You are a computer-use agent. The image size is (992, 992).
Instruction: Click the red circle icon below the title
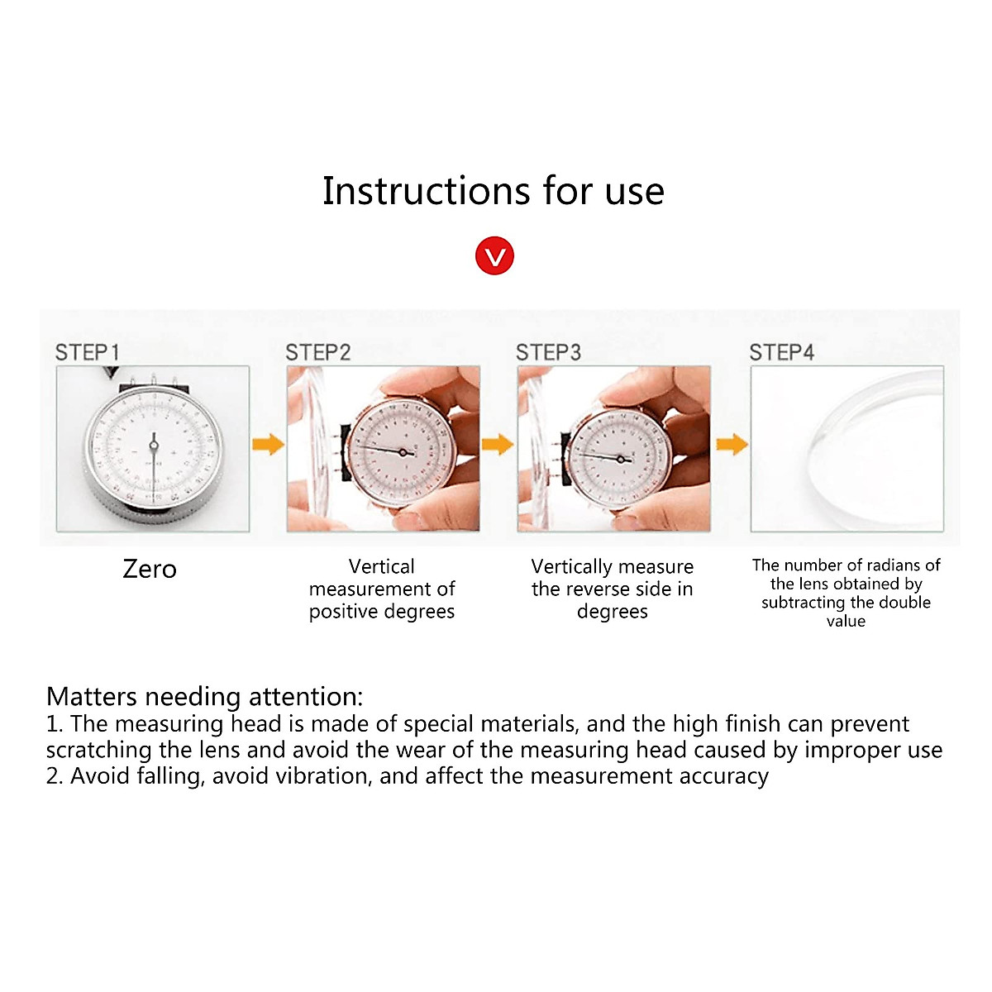(x=494, y=256)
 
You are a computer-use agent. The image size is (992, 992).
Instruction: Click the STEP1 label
(x=88, y=353)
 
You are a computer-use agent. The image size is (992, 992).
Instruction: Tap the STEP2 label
(x=318, y=353)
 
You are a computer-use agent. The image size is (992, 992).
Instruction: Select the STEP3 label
(x=549, y=353)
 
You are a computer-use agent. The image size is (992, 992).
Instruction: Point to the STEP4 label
(x=781, y=353)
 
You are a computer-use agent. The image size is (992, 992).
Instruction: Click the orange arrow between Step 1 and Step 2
(x=268, y=444)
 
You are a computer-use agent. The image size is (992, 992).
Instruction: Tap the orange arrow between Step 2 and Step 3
(x=498, y=444)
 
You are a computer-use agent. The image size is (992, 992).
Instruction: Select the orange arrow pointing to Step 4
(x=732, y=444)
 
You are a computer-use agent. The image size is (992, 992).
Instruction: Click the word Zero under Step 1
(x=150, y=570)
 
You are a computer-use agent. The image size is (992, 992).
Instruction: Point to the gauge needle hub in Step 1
(x=153, y=446)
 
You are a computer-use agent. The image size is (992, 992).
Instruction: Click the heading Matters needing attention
(x=205, y=696)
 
